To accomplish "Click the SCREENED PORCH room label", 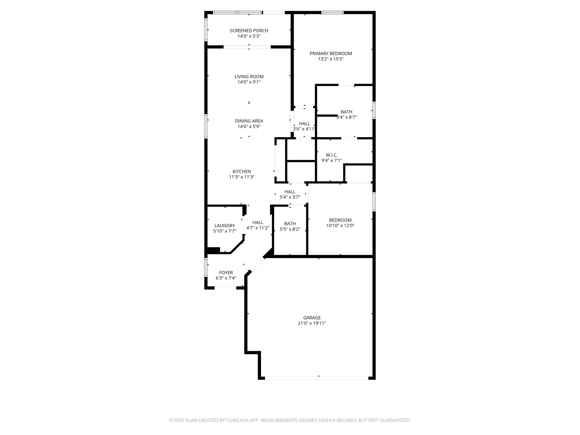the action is (x=249, y=31).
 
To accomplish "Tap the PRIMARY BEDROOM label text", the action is (x=331, y=54).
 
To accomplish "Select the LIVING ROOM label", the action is (x=249, y=77).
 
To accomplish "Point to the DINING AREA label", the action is (x=249, y=121).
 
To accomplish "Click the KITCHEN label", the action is (x=242, y=171).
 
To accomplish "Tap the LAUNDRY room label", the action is (x=225, y=225).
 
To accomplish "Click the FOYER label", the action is (x=226, y=273).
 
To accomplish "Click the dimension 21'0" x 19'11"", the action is (x=312, y=323).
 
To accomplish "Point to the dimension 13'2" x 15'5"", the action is (x=331, y=59).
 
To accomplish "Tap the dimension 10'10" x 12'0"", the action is (x=340, y=225).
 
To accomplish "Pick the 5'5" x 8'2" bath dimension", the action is (x=290, y=229).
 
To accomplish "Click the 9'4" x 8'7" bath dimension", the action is (x=346, y=117).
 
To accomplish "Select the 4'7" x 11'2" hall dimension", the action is (x=258, y=228).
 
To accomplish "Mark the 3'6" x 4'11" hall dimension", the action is (x=304, y=129).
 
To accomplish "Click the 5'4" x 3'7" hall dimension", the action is (x=290, y=197).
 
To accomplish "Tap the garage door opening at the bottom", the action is (x=316, y=378).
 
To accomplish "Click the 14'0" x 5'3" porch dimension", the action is (x=249, y=36).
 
